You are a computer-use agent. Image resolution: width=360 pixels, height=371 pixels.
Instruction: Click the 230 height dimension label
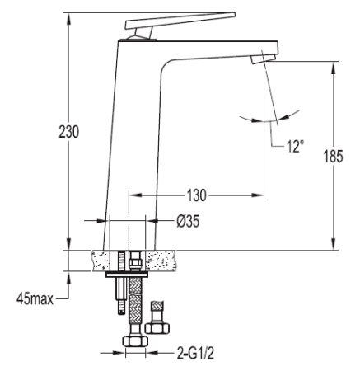pos(69,131)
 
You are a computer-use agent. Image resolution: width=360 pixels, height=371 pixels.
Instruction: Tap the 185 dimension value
pos(333,157)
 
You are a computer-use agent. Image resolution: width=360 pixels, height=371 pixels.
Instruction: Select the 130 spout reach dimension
pos(196,195)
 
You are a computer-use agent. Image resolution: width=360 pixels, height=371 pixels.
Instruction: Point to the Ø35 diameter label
pos(188,221)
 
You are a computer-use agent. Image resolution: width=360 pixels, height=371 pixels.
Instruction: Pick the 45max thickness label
pos(35,298)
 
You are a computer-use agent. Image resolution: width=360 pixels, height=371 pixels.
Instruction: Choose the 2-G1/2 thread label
pos(195,353)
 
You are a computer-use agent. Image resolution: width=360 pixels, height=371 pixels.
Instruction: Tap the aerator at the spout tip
pos(263,59)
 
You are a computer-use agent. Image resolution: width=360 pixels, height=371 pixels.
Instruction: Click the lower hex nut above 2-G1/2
pos(135,340)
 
